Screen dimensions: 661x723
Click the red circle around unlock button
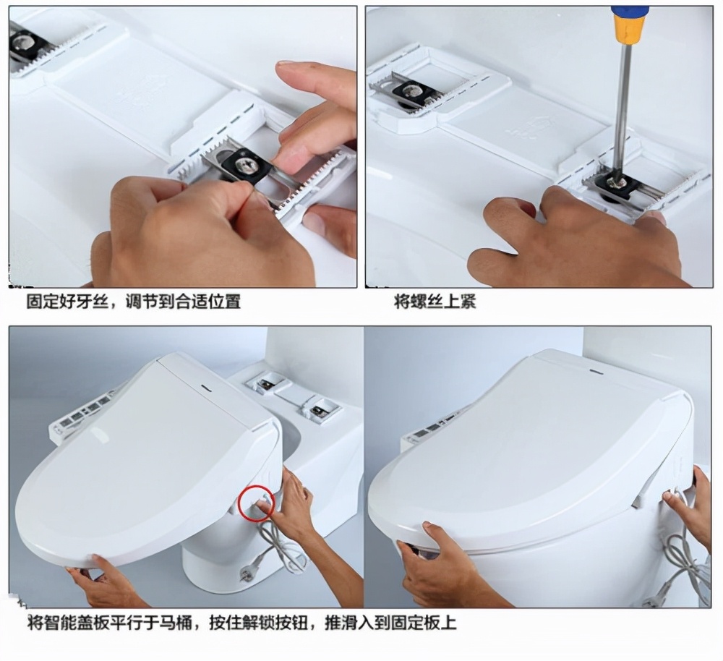pos(255,501)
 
